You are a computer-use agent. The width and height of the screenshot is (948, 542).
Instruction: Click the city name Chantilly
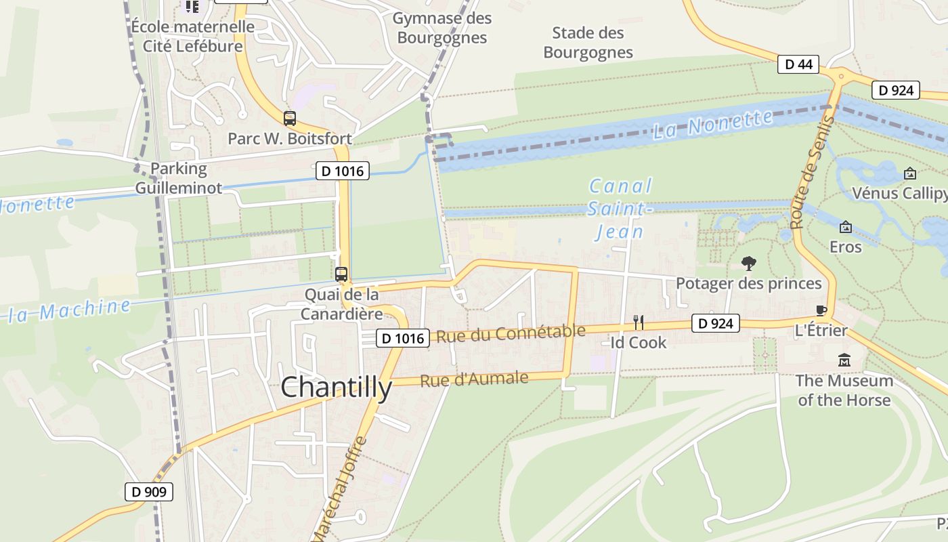pos(336,388)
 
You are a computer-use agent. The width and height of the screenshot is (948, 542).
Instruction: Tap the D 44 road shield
pos(798,64)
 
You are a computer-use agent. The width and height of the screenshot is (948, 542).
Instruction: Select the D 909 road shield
pos(149,492)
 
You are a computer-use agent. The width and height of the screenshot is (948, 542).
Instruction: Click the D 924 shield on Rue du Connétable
pos(715,323)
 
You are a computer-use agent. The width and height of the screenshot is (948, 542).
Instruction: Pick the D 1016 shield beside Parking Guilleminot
pos(343,171)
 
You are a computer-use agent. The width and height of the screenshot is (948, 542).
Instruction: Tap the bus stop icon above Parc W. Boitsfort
pos(290,119)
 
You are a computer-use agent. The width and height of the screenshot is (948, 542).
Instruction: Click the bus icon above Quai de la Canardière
pos(341,274)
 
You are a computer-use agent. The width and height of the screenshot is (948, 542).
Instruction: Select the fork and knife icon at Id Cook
pos(638,322)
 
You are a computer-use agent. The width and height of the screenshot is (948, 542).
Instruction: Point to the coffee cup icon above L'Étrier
pos(821,311)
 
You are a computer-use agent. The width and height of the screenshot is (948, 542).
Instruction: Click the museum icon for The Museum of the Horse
pos(844,360)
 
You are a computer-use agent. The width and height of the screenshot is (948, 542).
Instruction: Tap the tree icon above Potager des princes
pos(749,263)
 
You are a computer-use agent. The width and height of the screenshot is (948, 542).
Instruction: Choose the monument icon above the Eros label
pos(845,227)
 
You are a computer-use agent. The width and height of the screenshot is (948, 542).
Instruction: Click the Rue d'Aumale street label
pos(474,379)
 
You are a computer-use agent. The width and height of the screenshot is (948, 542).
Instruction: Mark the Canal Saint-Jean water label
pos(620,209)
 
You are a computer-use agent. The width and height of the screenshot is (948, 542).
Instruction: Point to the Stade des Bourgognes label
pos(588,42)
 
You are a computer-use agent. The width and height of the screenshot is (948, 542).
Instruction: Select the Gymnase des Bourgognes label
pos(442,28)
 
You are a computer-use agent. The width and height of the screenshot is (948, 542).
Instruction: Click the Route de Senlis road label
pos(811,172)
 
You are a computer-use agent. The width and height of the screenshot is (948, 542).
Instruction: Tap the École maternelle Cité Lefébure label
pos(193,37)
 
